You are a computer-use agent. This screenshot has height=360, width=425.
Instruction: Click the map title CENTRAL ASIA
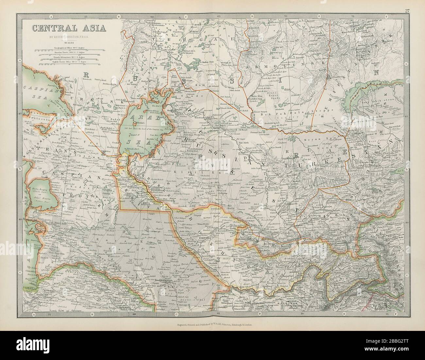coord(69,27)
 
